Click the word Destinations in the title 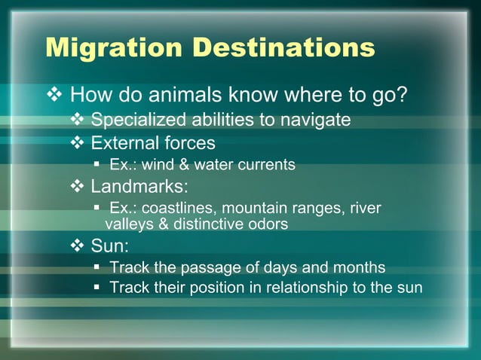(283, 47)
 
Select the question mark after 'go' (402, 96)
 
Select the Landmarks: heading (139, 185)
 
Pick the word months (359, 267)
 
